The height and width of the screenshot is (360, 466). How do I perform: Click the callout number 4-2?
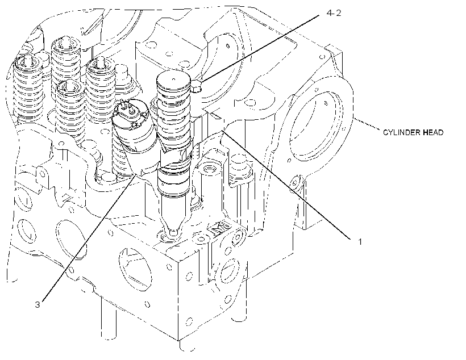[334, 13]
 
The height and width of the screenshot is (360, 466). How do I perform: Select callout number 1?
[360, 242]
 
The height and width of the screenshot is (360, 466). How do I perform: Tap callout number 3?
[37, 305]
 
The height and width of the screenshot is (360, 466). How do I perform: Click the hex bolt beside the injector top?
[196, 86]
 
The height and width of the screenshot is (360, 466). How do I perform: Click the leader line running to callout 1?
[287, 184]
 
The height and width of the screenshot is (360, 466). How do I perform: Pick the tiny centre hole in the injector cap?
[174, 79]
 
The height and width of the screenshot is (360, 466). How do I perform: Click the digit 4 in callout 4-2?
[329, 13]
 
